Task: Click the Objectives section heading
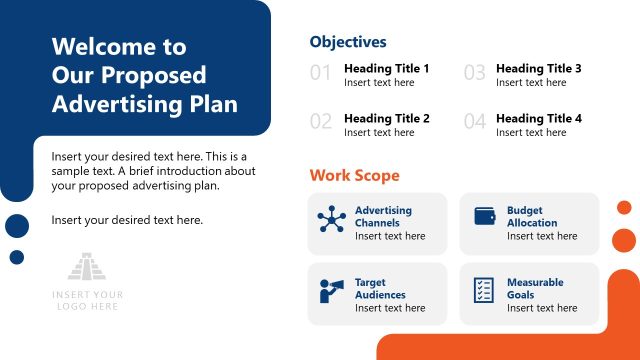coord(347,42)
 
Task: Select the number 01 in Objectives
coord(320,73)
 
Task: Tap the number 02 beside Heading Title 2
coord(320,123)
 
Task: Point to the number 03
coord(474,73)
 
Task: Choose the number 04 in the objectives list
coord(474,123)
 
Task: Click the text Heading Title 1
coord(386,69)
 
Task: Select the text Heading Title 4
coord(538,119)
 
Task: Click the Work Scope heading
coord(354,176)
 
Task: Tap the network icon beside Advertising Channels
coord(331,220)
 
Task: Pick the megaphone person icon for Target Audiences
coord(331,290)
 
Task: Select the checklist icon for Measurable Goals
coord(484,290)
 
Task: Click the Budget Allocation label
coord(532,217)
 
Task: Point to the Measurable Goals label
coord(535,289)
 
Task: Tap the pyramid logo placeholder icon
coord(88,266)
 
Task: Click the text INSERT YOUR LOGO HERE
coord(88,300)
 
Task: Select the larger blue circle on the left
coord(17,226)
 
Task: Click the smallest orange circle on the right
coord(624,207)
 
